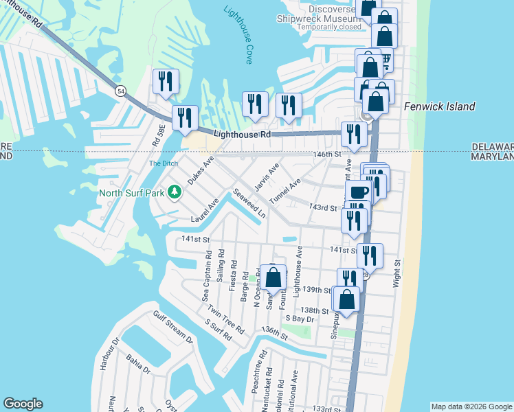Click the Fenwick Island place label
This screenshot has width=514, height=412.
[x=439, y=106]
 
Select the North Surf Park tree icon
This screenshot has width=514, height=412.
[x=175, y=192]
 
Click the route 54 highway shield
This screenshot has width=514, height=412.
[x=121, y=91]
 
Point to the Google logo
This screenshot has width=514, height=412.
[x=23, y=404]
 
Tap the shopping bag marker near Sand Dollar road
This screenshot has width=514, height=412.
[x=273, y=279]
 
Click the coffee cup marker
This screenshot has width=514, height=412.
[x=358, y=192]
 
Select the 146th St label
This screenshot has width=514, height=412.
[x=328, y=155]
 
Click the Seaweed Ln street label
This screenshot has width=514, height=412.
[x=249, y=203]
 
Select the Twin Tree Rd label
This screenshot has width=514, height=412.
[x=225, y=319]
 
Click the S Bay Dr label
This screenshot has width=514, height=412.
[x=299, y=319]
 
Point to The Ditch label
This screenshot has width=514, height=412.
[x=164, y=163]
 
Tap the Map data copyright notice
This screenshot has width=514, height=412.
[x=471, y=407]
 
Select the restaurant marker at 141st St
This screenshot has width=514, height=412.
[x=370, y=256]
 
